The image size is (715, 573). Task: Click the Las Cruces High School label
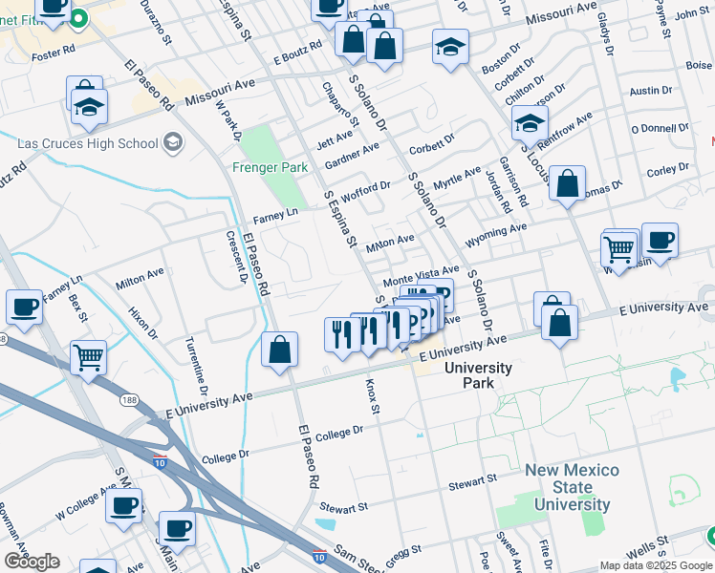tap(88, 143)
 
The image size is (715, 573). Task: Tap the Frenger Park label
tap(270, 167)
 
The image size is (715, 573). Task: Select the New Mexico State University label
tap(572, 488)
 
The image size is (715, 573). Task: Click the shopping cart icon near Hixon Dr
tap(88, 359)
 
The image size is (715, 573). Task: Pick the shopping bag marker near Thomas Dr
tap(567, 186)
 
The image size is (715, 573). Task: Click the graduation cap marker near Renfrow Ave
tap(531, 122)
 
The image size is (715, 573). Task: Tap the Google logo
tap(32, 562)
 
